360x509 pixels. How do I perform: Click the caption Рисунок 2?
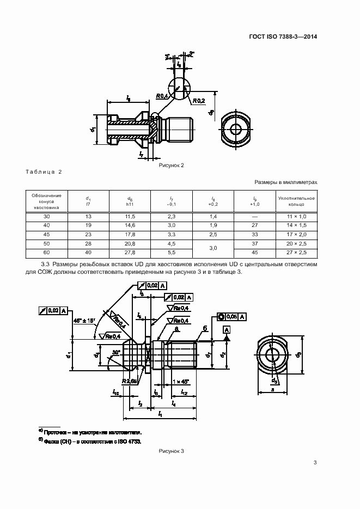[172, 165]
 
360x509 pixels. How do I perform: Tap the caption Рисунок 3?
[172, 451]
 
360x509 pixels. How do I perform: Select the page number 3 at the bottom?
[315, 463]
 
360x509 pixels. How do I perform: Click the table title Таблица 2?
[44, 172]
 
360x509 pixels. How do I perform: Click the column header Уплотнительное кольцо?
[296, 201]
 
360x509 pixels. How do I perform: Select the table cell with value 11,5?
[130, 217]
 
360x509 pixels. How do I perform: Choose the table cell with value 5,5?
[172, 253]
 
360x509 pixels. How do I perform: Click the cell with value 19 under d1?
[88, 226]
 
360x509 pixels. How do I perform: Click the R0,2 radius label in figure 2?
[198, 101]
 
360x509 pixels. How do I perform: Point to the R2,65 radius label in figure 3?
[130, 381]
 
